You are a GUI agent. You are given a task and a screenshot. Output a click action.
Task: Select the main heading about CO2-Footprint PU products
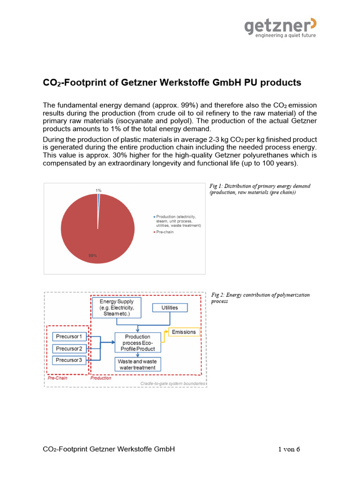point(172,83)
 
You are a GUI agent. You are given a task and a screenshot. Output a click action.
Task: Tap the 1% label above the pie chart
point(98,190)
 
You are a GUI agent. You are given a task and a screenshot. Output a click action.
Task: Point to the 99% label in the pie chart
point(92,255)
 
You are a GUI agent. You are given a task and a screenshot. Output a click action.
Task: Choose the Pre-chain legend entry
point(165,232)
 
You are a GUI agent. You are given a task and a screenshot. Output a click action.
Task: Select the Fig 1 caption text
point(259,189)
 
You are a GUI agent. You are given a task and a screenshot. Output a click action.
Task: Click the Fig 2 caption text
point(260,298)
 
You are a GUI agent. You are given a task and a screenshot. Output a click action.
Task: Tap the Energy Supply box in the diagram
point(117,307)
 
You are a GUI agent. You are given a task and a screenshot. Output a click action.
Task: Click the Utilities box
point(169,307)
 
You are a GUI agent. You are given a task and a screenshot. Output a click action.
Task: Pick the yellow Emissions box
point(183,332)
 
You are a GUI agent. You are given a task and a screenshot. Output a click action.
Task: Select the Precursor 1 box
point(69,336)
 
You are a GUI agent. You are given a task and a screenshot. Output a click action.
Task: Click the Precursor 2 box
point(69,348)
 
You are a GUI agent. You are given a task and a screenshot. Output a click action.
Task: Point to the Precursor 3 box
point(69,360)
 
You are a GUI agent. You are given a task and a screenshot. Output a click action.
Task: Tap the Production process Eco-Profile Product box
point(138,343)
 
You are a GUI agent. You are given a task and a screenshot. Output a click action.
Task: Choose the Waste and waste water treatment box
point(138,364)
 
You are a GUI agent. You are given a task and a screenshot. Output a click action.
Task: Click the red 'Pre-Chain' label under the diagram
point(56,378)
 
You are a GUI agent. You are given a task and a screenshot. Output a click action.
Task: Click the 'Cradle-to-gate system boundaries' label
point(173,384)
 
